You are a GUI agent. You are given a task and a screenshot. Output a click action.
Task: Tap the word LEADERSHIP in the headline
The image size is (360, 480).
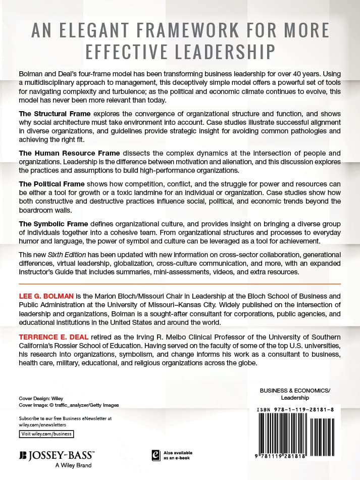pos(222,52)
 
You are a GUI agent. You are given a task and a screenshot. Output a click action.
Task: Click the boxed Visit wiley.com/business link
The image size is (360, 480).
pos(46,434)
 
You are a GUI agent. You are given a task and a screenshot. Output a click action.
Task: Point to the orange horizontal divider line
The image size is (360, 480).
pos(180,284)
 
